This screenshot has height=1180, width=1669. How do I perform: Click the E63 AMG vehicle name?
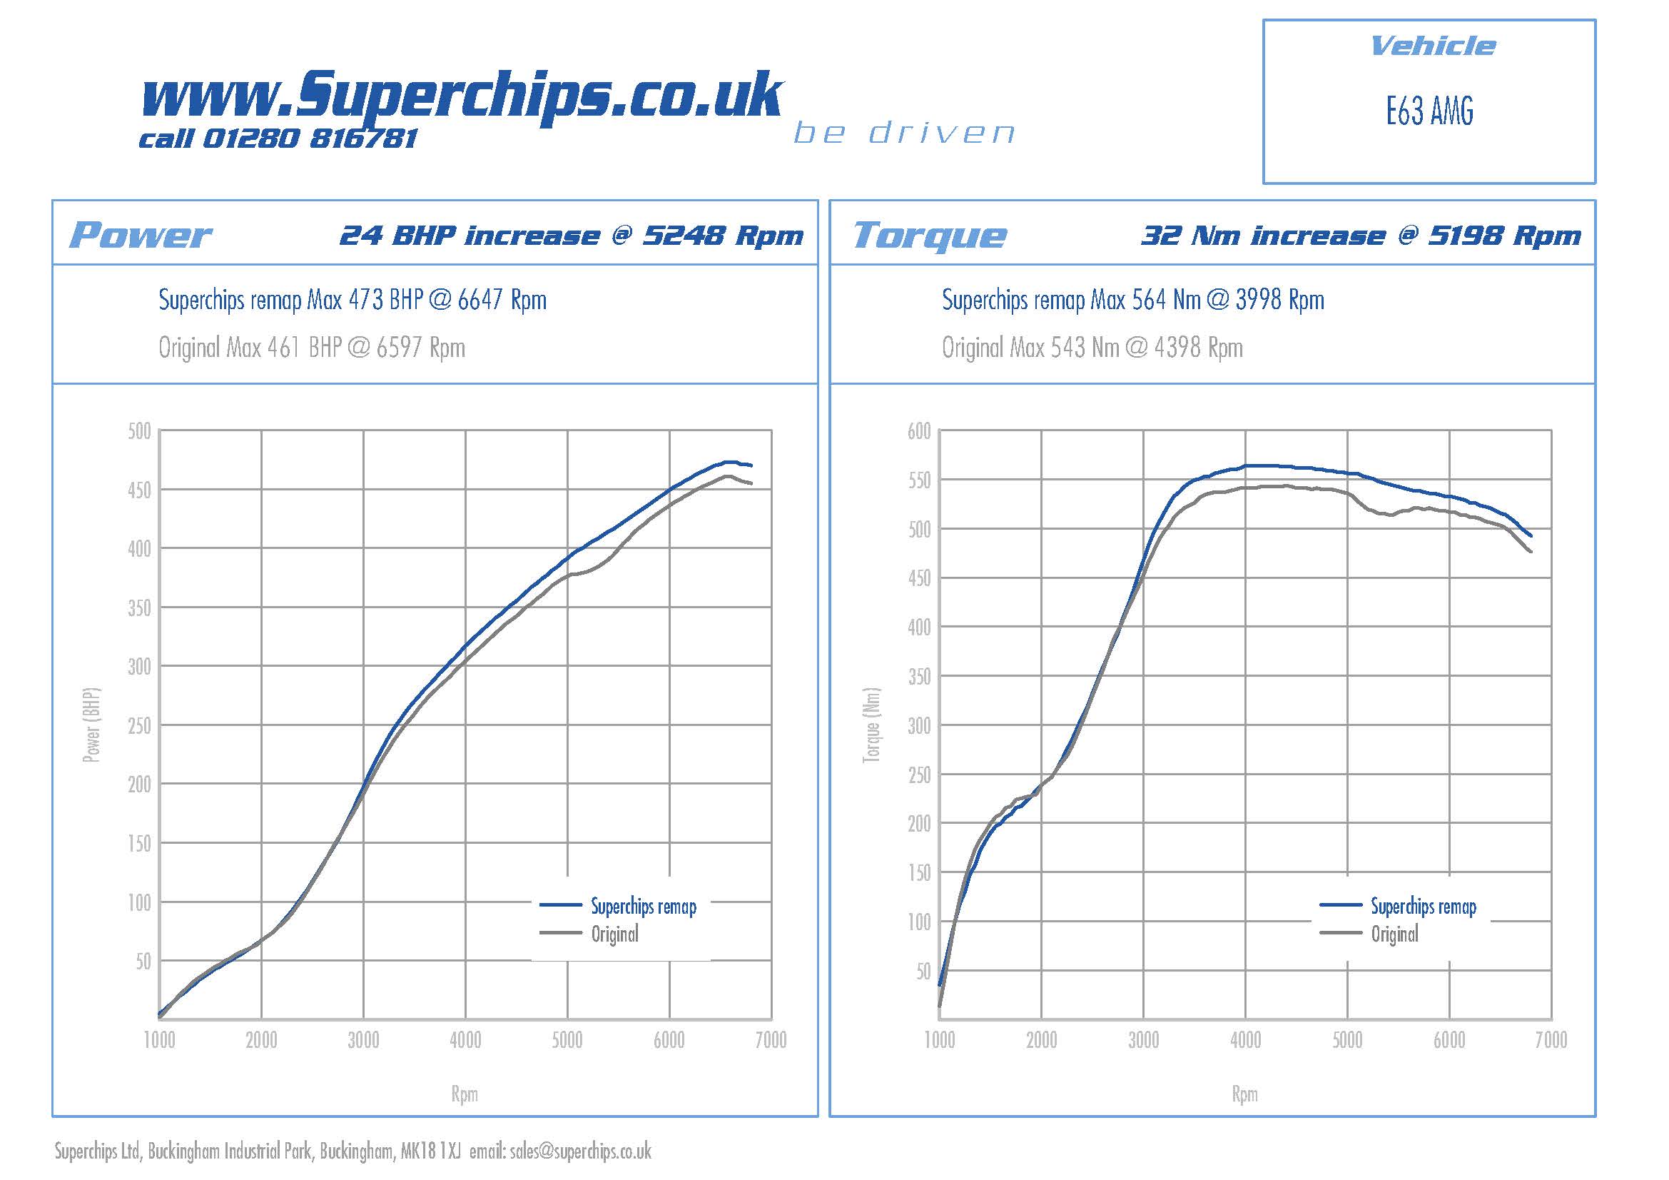1429,112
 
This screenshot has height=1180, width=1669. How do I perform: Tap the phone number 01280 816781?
309,138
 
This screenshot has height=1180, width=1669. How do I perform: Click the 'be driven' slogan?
903,133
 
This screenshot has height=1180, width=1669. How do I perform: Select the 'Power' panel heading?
141,235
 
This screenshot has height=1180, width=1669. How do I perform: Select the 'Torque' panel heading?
930,235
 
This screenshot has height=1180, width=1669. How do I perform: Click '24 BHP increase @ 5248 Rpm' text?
572,236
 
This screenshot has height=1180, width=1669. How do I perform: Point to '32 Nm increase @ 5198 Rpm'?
1360,236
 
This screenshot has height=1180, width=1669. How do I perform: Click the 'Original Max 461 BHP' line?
312,348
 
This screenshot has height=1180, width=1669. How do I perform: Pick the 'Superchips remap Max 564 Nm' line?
1132,300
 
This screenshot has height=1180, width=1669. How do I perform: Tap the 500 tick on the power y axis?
139,431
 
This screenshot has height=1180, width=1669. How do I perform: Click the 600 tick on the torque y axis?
919,431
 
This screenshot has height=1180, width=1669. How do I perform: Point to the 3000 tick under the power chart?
362,1040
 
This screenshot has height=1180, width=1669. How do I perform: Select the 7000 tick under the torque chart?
1551,1040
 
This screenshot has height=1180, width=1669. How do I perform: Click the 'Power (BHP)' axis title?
91,725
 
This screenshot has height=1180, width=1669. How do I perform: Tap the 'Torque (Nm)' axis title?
871,725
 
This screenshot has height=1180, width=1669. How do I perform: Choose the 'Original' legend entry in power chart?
614,934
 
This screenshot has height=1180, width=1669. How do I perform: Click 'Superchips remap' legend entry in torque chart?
1423,907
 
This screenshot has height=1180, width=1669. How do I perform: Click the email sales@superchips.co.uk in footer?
580,1151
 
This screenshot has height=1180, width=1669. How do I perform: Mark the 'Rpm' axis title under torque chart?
1244,1094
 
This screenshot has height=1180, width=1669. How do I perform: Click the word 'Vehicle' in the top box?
1432,46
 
